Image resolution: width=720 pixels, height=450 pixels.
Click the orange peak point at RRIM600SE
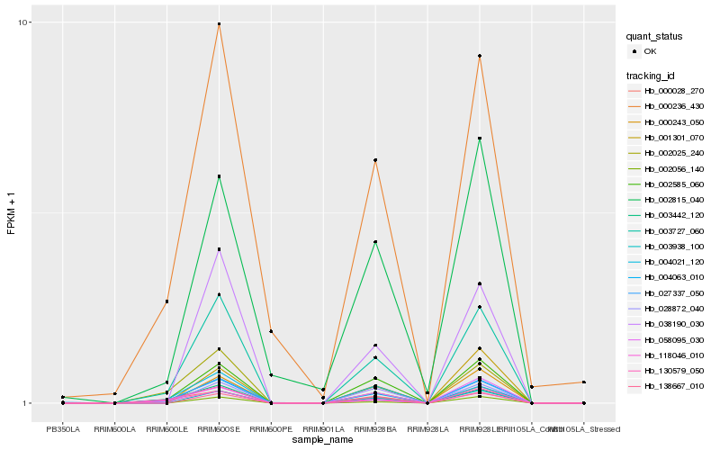point(220,23)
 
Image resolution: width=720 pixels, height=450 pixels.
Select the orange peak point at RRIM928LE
point(480,56)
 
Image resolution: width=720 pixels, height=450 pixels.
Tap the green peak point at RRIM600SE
point(220,176)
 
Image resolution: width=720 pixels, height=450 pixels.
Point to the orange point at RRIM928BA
point(375,160)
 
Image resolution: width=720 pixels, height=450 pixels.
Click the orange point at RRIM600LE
point(167,301)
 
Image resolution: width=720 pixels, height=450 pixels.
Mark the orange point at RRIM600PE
point(271,331)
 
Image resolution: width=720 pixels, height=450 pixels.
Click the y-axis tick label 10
point(28,22)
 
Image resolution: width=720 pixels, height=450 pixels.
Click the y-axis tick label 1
point(30,403)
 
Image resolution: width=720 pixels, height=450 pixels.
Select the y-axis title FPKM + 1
point(12,212)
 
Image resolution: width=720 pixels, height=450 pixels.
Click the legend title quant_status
point(656,37)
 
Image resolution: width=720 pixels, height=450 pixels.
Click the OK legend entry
point(650,51)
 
